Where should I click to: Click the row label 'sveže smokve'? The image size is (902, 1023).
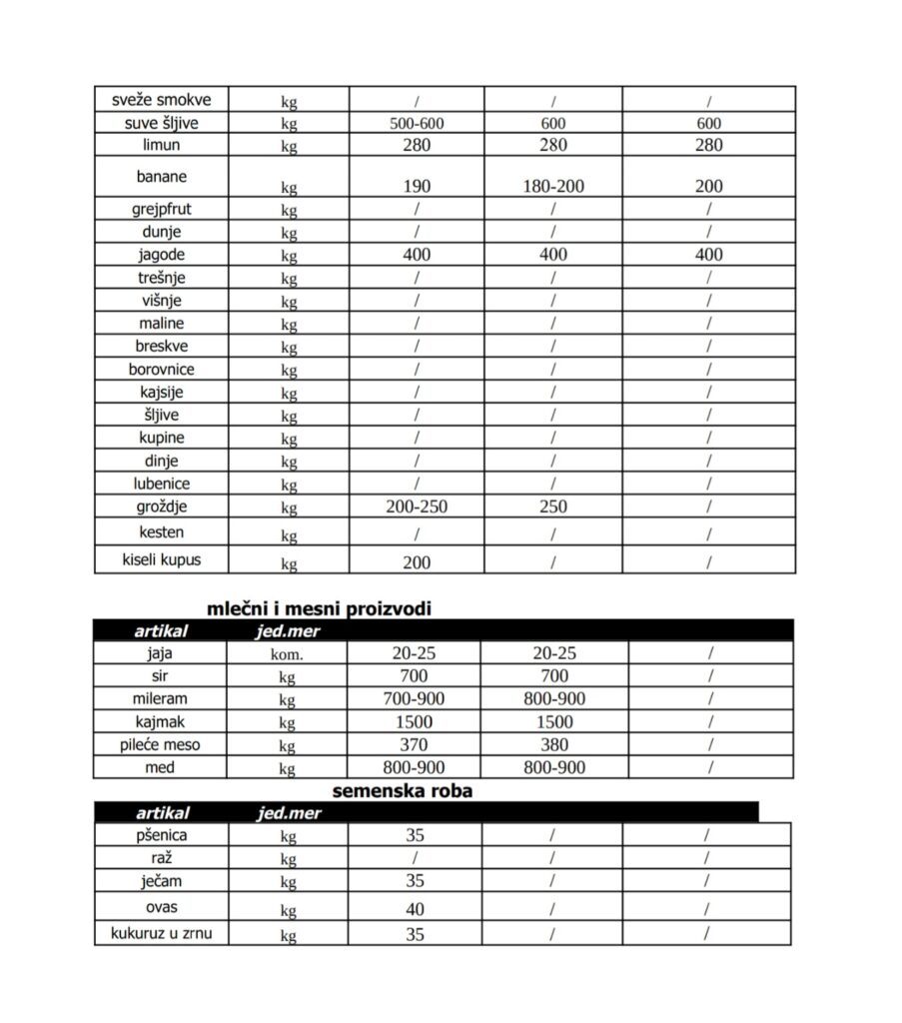161,99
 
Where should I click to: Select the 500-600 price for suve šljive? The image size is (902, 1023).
417,123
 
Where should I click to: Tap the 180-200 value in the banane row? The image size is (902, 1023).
552,186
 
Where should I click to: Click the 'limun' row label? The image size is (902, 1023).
161,145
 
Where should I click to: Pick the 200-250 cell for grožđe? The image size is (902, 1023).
417,507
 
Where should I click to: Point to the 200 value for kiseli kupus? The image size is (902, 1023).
417,562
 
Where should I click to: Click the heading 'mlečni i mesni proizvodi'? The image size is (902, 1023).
320,608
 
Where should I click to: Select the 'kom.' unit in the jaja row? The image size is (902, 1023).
288,654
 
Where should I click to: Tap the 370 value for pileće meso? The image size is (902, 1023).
414,744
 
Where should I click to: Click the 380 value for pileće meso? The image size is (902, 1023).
553,744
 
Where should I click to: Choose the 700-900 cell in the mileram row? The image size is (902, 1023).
414,698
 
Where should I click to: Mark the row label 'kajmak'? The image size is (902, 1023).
160,721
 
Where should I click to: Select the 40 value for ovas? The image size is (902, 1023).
415,909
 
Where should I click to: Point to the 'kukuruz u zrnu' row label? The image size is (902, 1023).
161,933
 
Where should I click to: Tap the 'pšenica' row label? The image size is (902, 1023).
161,834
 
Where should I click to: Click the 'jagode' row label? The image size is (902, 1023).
161,255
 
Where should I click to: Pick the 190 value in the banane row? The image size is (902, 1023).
417,186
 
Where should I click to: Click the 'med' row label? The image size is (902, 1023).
160,767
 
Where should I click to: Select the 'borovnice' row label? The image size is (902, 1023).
161,369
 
